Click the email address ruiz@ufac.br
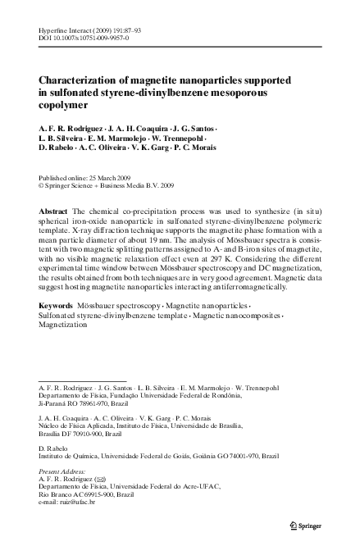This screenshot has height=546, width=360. click(x=78, y=502)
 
